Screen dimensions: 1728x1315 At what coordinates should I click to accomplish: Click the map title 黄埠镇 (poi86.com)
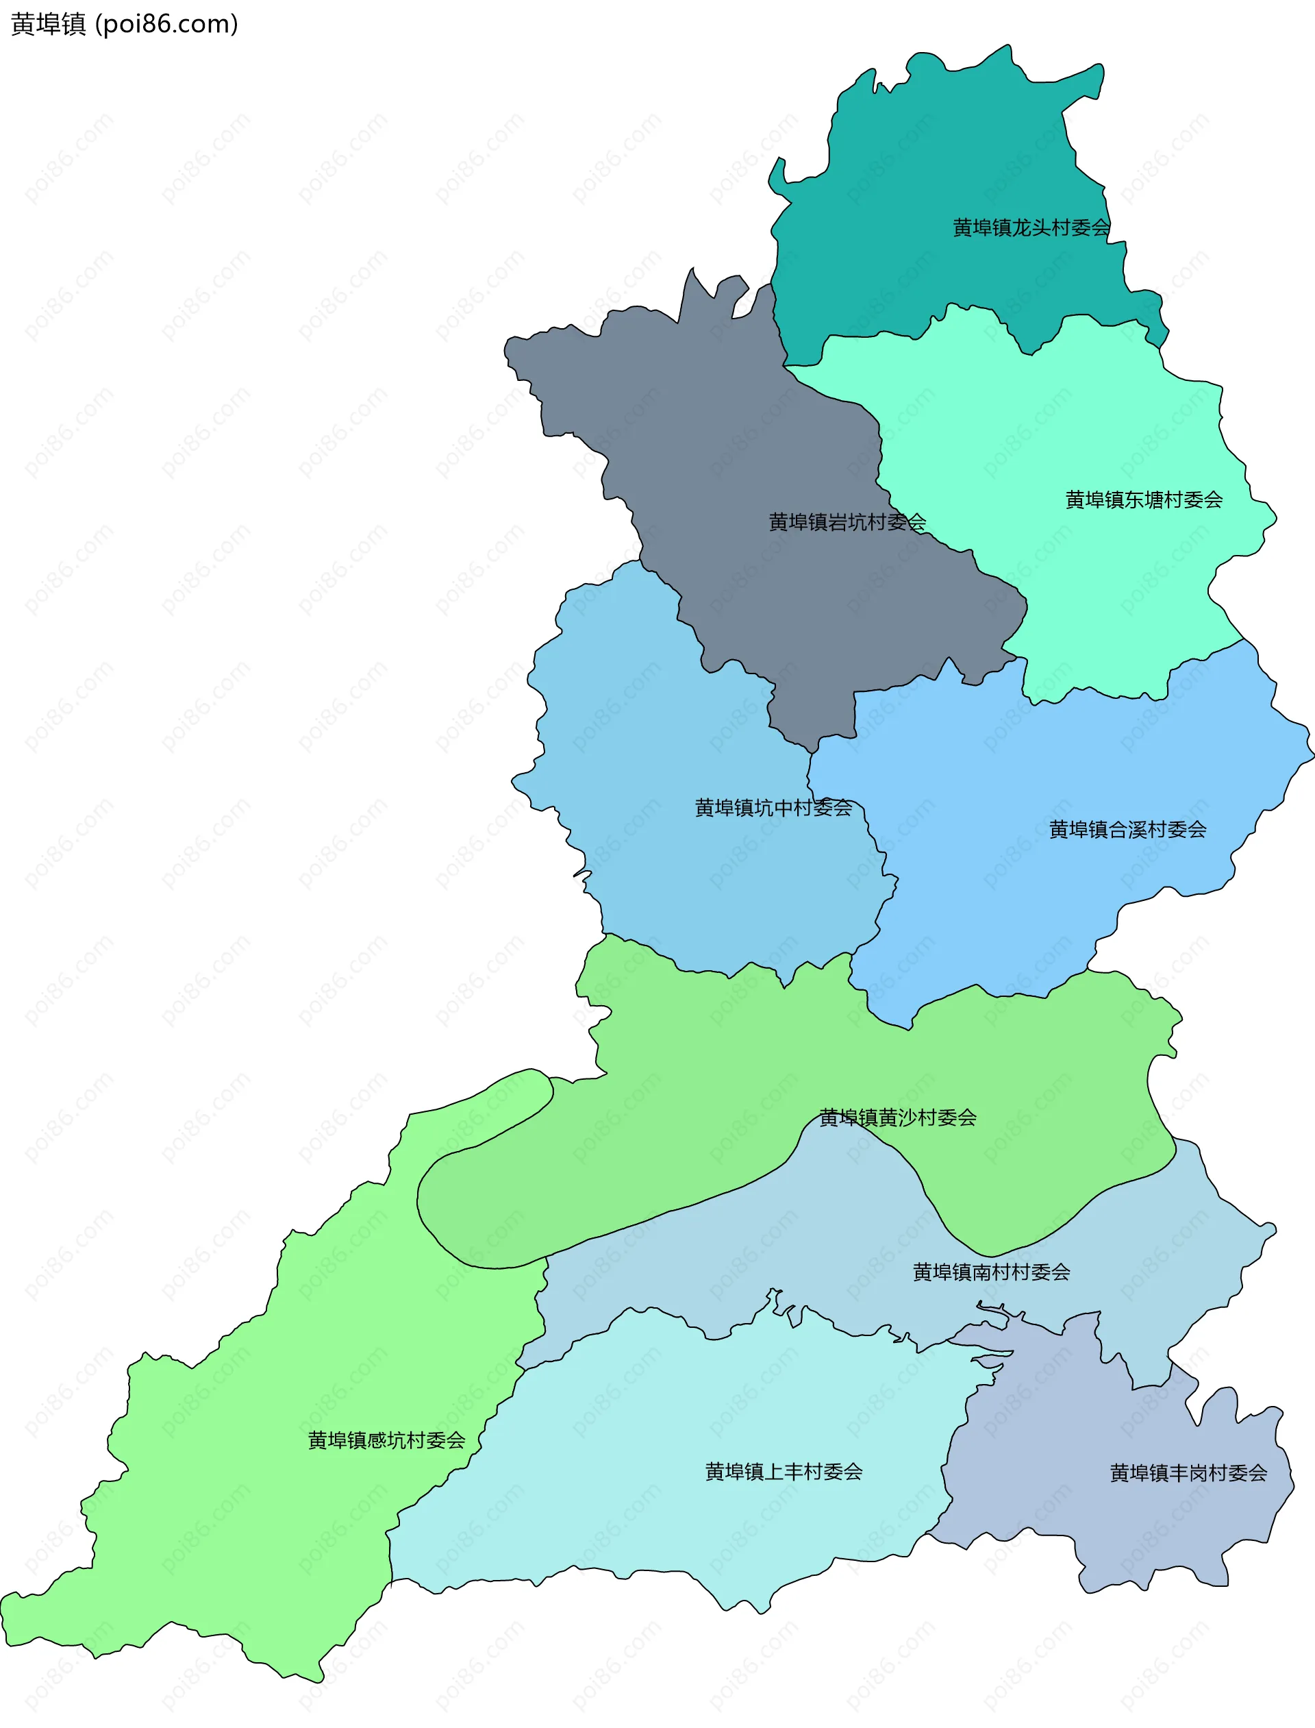[x=124, y=24]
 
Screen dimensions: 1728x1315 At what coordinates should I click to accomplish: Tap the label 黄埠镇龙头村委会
[x=1031, y=228]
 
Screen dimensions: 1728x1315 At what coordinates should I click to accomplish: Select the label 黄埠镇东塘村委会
[x=1144, y=499]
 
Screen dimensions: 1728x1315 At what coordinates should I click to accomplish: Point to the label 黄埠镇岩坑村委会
[x=847, y=521]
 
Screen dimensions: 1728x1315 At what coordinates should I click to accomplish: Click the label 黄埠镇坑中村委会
[x=773, y=807]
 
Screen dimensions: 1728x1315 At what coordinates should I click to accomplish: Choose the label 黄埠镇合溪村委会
[x=1127, y=829]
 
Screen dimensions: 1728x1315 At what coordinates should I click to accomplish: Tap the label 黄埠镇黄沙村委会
[x=898, y=1118]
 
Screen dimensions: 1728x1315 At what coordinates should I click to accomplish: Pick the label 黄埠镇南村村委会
[x=991, y=1272]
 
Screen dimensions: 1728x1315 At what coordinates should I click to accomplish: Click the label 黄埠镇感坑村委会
[x=387, y=1440]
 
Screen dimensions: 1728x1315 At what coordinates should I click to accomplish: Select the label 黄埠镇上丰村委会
[x=784, y=1471]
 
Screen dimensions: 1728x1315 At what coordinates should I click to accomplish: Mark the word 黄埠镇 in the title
[x=49, y=24]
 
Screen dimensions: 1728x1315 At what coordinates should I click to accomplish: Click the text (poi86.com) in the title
[x=166, y=24]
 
